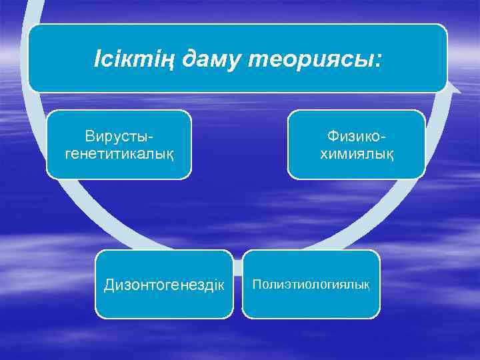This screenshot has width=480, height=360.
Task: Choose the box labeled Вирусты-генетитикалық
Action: [119, 145]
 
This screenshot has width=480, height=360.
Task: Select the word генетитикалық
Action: [119, 153]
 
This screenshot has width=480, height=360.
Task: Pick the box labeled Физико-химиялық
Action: [356, 145]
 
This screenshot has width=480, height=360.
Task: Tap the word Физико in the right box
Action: [353, 136]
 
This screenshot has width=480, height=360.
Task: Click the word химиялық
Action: [357, 153]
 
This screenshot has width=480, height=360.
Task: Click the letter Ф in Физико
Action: [331, 136]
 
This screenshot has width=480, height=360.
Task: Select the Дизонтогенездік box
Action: [164, 285]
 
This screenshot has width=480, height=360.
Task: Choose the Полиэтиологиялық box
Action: [311, 285]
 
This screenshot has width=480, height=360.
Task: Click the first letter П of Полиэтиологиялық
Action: [255, 285]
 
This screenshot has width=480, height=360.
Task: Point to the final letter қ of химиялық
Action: [390, 155]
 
